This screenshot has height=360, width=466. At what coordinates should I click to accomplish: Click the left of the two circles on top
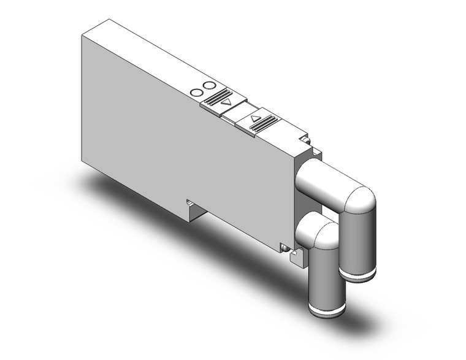197,93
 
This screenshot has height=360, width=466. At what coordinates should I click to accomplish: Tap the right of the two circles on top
210,86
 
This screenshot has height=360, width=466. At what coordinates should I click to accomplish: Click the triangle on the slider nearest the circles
227,102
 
